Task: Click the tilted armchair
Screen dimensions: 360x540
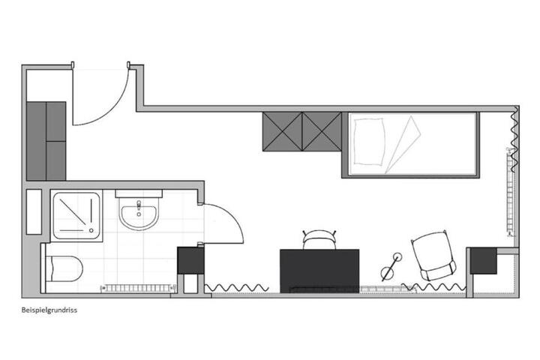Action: (433, 256)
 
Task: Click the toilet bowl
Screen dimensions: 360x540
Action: (64, 268)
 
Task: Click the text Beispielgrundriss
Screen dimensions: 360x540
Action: (49, 308)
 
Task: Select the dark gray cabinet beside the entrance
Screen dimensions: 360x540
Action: (46, 140)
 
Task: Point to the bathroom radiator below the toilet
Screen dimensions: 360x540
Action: (139, 286)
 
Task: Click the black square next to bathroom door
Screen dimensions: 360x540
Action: (190, 259)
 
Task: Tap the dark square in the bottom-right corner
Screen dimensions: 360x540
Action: (484, 261)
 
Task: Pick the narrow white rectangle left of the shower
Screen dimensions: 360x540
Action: (34, 211)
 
